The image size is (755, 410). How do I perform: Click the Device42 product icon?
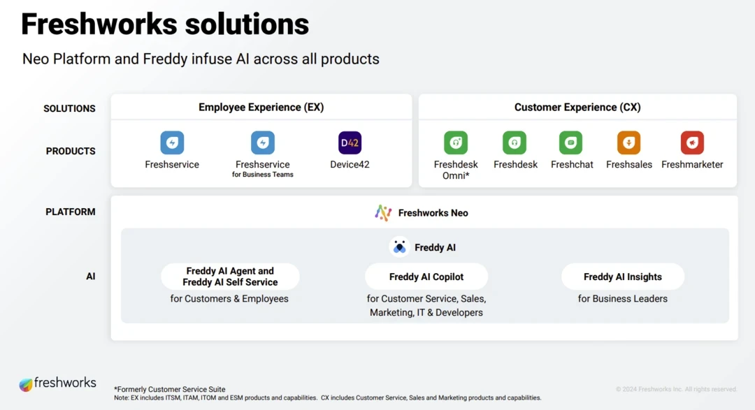350,142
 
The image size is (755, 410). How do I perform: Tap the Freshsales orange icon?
629,142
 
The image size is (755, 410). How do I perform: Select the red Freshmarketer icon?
692,142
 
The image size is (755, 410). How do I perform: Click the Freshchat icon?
571,142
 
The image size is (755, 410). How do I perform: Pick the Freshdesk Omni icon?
456,142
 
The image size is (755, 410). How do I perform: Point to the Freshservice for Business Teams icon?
262,142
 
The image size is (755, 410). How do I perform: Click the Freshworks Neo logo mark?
383,213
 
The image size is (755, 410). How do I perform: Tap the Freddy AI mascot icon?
399,247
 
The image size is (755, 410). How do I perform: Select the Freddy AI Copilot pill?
426,277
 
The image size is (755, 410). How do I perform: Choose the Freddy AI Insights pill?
623,277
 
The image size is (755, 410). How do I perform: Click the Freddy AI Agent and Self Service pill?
230,277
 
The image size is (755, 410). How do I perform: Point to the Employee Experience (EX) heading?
261,108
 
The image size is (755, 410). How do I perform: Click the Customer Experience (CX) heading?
577,108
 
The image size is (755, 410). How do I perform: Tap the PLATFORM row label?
71,212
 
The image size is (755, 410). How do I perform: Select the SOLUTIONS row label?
69,109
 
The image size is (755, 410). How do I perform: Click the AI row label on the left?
90,276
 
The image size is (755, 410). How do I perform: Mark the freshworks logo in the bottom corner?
57,383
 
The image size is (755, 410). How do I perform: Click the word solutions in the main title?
247,24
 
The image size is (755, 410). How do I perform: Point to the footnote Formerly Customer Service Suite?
170,389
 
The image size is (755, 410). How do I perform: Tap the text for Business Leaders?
623,299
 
